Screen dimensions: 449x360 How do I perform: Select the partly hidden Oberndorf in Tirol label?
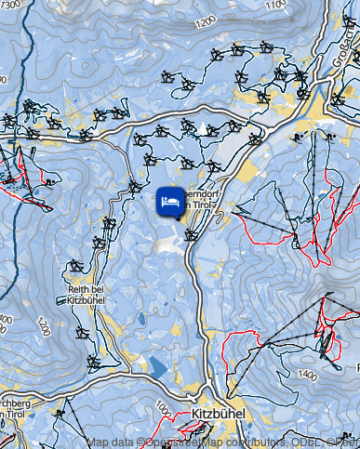pyautogui.click(x=202, y=200)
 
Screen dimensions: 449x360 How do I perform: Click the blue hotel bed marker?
pyautogui.click(x=170, y=203)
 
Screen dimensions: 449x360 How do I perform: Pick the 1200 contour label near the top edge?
pyautogui.click(x=206, y=20)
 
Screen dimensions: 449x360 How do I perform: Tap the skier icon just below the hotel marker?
pyautogui.click(x=192, y=234)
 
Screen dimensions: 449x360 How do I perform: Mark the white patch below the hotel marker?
pyautogui.click(x=167, y=244)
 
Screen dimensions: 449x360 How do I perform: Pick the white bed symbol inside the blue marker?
pyautogui.click(x=170, y=201)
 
